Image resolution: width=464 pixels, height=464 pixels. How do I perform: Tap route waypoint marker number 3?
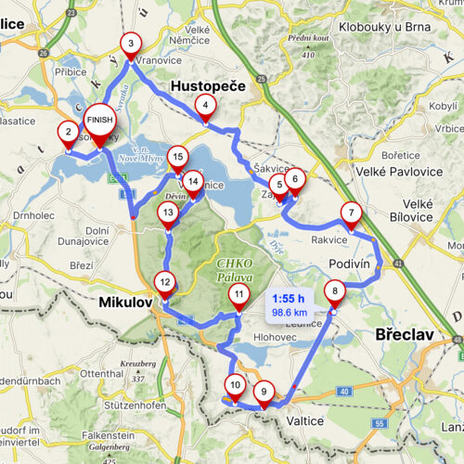coord(131,43)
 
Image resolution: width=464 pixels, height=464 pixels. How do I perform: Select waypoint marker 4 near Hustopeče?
coord(204,108)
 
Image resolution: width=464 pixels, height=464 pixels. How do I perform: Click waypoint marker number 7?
coord(350,213)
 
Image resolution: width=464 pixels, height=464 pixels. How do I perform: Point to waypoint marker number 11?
coord(238,296)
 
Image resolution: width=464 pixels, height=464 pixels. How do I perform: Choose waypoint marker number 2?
coord(67,133)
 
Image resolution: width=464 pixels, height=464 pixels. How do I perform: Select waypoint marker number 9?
coord(264,393)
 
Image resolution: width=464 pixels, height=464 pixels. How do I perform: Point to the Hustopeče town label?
coord(209,86)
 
